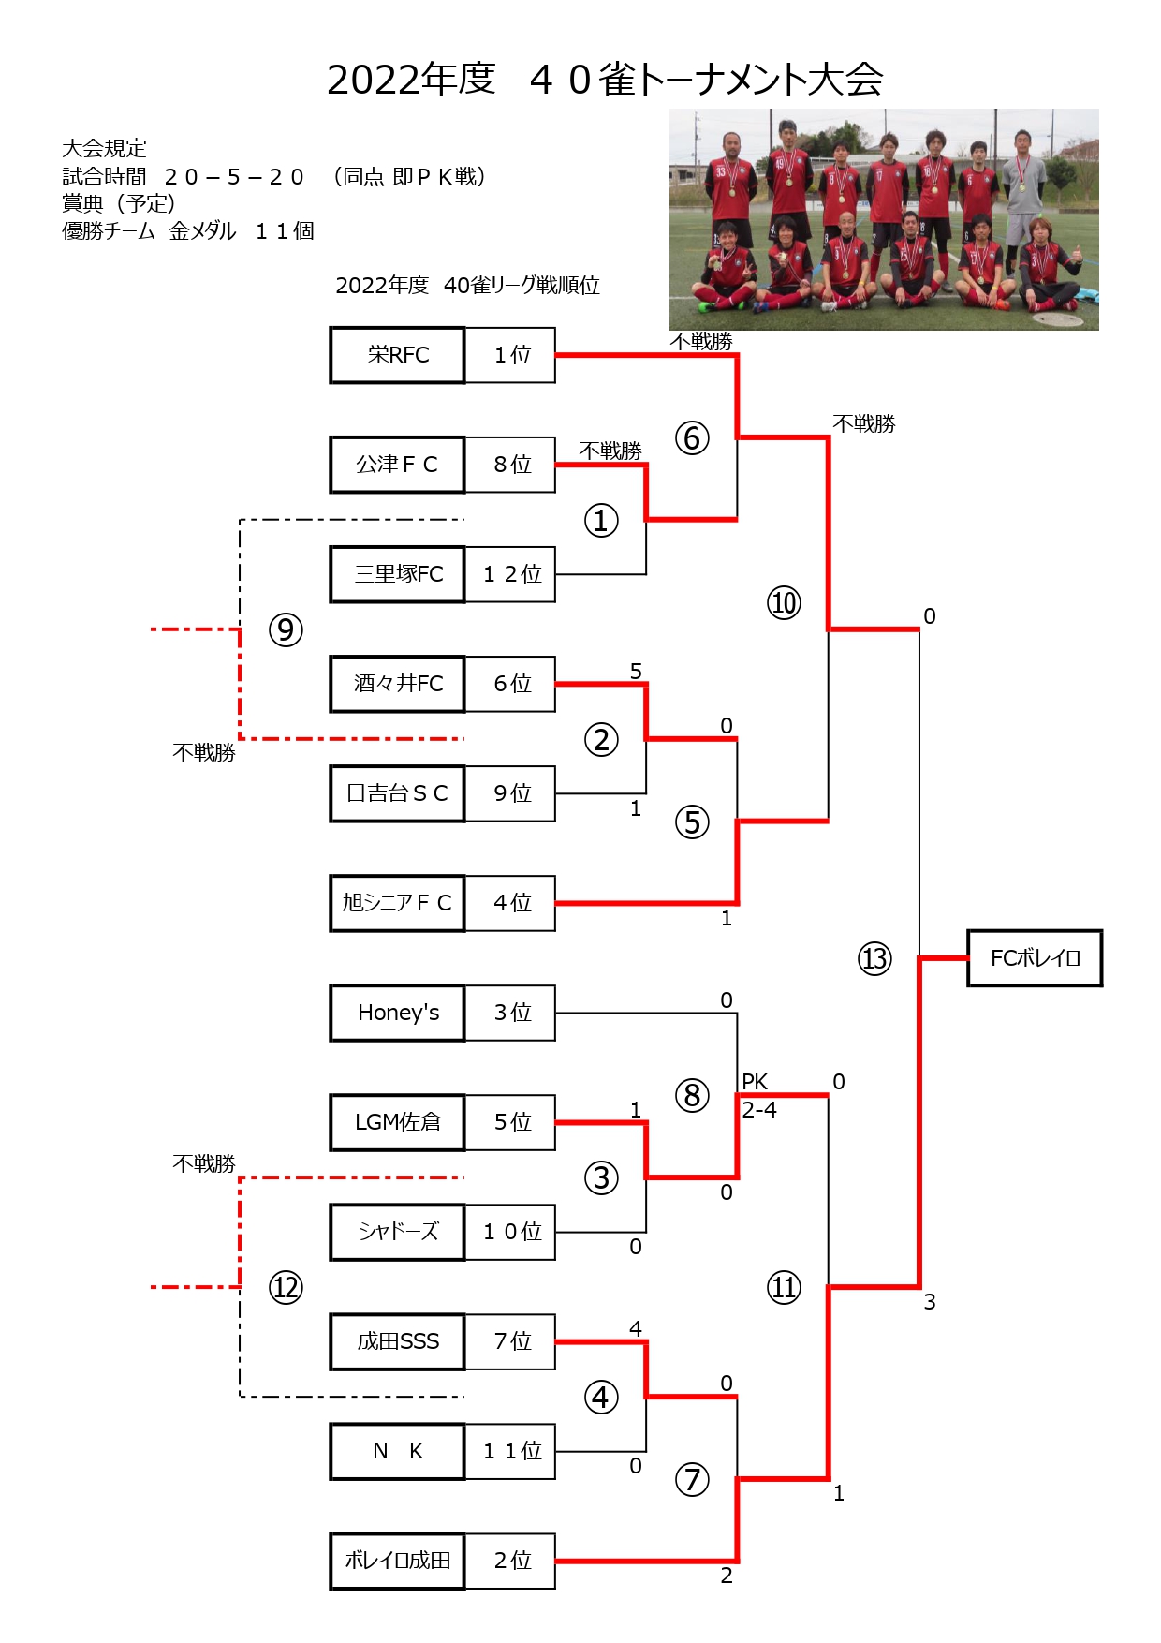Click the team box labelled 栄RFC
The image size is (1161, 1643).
pos(397,355)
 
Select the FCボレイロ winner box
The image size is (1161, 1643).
pos(1035,958)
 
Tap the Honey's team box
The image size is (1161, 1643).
pos(397,1013)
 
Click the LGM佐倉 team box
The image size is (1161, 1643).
pos(397,1122)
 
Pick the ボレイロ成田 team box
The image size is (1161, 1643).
pos(397,1561)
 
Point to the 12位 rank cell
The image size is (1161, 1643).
pos(510,574)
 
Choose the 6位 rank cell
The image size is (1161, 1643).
pos(510,684)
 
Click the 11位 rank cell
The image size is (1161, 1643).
pos(510,1451)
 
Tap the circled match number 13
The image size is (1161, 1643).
pos(874,958)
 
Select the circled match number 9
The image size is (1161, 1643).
pos(286,629)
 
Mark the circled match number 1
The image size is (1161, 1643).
pos(601,520)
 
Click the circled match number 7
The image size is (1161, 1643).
pos(692,1479)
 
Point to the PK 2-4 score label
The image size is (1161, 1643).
pos(758,1096)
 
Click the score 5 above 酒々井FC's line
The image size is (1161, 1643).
pos(636,671)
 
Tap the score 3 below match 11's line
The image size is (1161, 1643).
pos(929,1301)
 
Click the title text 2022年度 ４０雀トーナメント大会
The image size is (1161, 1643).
pos(605,79)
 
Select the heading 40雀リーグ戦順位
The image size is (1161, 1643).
pos(522,285)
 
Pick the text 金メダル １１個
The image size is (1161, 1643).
pos(242,230)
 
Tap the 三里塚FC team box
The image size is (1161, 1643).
pos(397,574)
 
